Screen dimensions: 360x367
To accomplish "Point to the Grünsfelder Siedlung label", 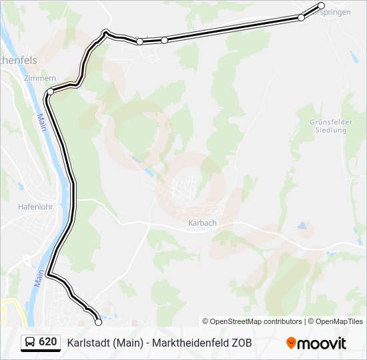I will point(329,126).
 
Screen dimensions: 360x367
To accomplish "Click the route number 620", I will point(47,342).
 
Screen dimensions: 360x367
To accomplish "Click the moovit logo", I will point(316,343).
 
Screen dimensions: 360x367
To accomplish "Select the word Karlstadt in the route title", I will point(88,343).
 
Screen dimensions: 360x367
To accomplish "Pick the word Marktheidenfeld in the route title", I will point(189,343).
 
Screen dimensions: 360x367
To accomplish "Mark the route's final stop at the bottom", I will point(99,322).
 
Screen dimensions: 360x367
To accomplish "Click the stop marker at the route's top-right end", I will point(322,6).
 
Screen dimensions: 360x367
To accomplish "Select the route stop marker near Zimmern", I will point(50,91).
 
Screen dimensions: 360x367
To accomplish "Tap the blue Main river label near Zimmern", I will point(41,121).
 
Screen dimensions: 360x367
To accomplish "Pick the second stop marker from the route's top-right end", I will point(301,17).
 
